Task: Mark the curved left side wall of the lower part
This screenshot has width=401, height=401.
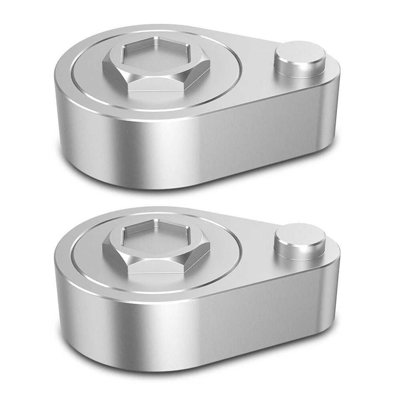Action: pos(79,317)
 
